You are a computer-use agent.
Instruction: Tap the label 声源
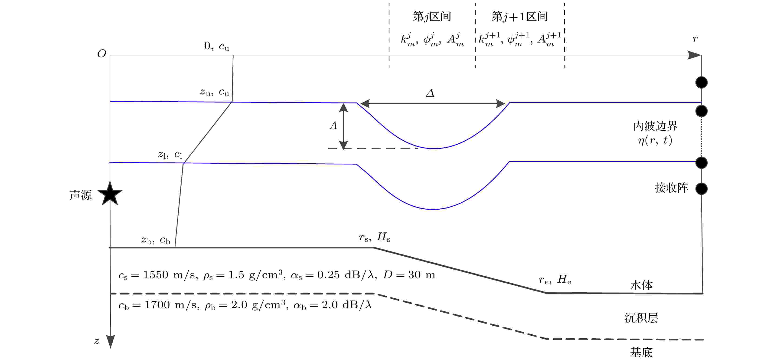[81, 195]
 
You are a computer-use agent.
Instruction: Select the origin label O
[102, 54]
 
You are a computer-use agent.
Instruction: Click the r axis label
[695, 39]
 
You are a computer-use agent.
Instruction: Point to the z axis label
[97, 341]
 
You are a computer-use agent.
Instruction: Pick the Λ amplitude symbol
[333, 125]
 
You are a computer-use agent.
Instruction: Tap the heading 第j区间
[432, 17]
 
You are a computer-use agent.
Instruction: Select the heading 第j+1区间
[520, 17]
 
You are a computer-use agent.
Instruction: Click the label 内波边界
[656, 126]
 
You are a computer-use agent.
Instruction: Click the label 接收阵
[671, 188]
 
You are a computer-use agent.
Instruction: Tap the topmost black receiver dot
[701, 82]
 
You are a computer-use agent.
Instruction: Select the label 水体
[642, 285]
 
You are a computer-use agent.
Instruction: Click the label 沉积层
[641, 318]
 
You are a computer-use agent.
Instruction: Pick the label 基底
[641, 352]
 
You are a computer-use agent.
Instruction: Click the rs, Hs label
[375, 237]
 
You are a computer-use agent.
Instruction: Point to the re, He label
[555, 280]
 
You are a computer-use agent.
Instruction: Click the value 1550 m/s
[169, 275]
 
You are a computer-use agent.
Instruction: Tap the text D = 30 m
[409, 275]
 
